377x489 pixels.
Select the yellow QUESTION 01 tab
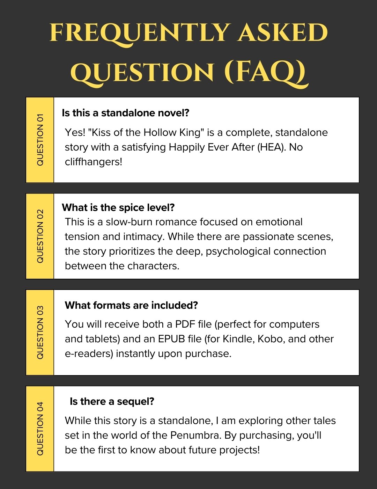tap(40, 140)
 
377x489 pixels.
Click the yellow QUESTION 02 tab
tap(40, 236)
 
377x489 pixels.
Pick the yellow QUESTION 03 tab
tap(40, 333)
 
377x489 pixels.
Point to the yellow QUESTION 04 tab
tap(40, 429)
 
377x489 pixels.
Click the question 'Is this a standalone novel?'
tap(125, 113)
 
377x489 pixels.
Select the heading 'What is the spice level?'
tap(118, 207)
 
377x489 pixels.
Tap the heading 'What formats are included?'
tap(131, 305)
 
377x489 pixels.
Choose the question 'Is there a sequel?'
tap(112, 401)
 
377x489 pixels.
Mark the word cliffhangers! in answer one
tap(94, 162)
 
